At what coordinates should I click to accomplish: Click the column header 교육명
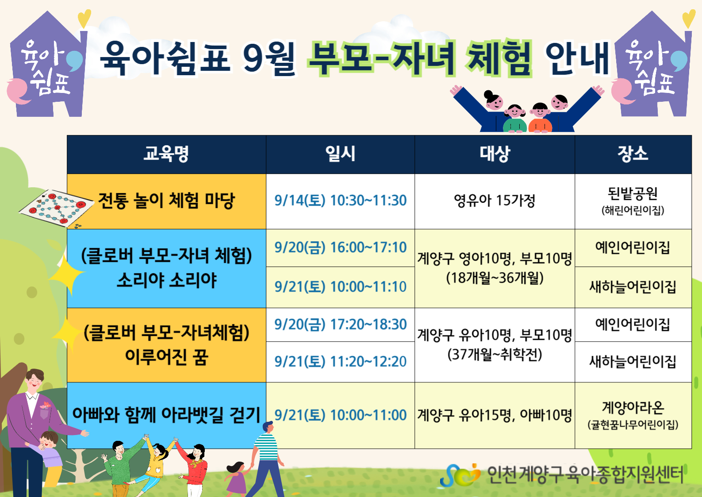tap(166, 154)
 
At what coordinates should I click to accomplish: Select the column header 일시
tap(340, 154)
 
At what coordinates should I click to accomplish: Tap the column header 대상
tap(495, 154)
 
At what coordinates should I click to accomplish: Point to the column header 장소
tap(633, 154)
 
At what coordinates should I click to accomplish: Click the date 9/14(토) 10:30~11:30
tap(340, 200)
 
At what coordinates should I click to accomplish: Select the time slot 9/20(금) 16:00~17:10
tap(340, 247)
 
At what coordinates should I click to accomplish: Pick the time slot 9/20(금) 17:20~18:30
tap(340, 324)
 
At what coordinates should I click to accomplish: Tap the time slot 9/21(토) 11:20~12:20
tap(340, 362)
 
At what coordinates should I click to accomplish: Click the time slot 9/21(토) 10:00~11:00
tap(340, 415)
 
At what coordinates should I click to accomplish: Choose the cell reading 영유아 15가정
tap(495, 200)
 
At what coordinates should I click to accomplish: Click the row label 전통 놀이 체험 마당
tap(166, 200)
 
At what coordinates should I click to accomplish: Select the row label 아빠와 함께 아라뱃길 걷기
tap(166, 415)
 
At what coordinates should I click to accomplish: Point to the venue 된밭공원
tap(633, 194)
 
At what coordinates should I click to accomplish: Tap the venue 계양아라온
tap(633, 408)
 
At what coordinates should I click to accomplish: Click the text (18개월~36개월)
tap(495, 278)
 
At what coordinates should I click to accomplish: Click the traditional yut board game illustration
tap(57, 208)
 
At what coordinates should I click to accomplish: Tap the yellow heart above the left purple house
tap(84, 18)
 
